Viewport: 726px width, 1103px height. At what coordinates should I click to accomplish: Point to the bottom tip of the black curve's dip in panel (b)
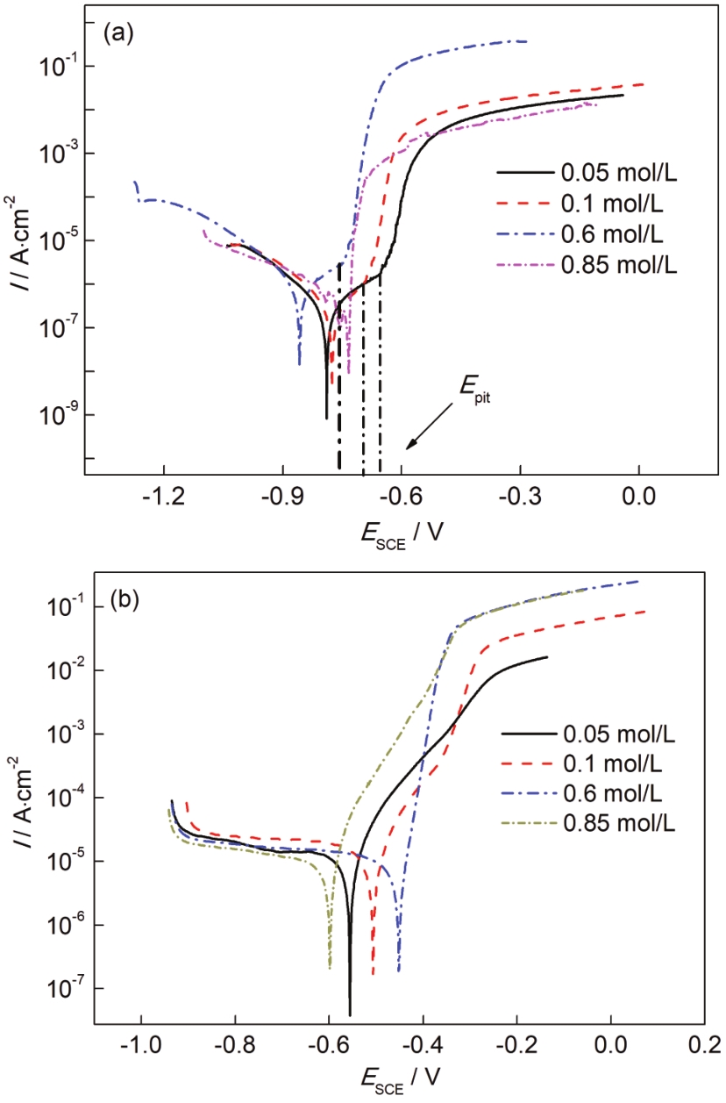tap(350, 1015)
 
